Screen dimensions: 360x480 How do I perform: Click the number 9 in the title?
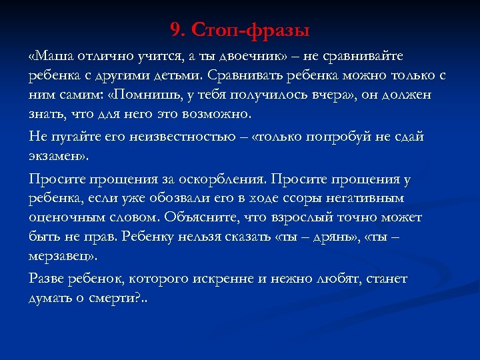[175, 30]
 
